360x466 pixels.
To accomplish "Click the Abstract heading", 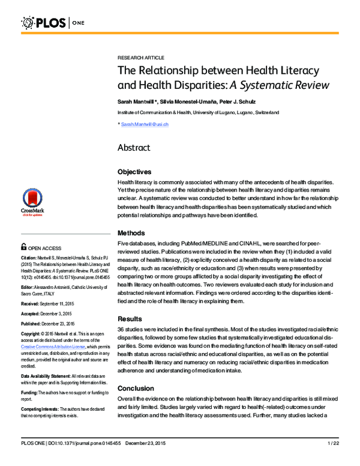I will coord(134,148).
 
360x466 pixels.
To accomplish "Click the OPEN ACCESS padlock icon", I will coord(23,246).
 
